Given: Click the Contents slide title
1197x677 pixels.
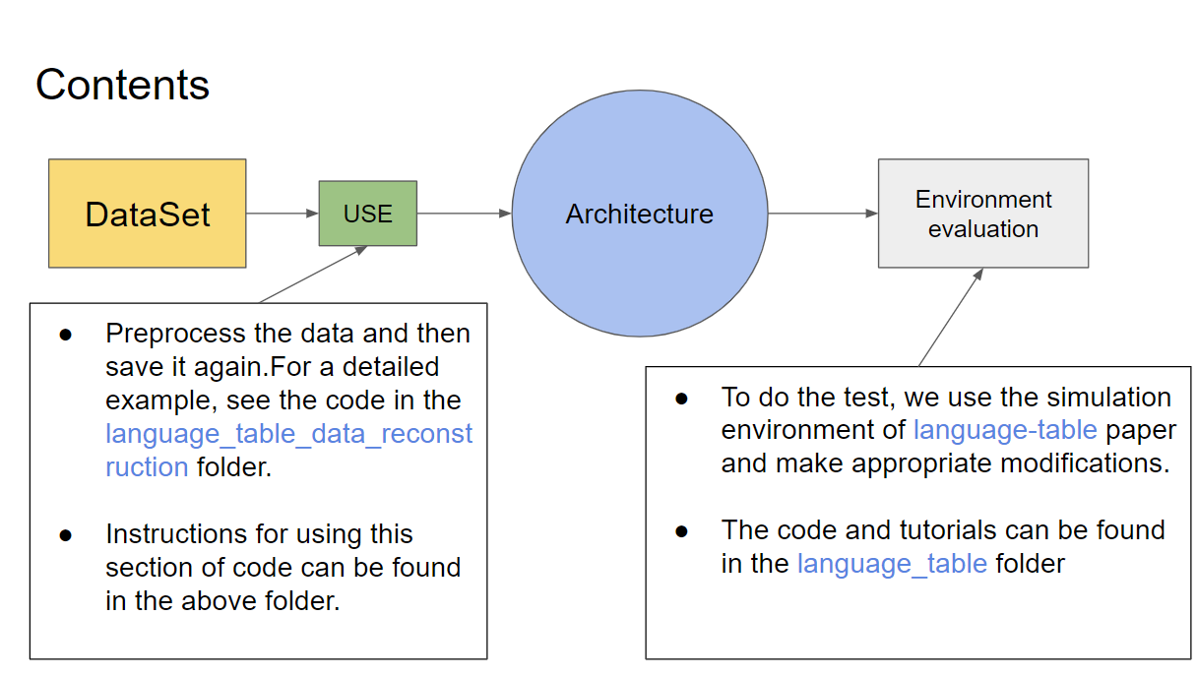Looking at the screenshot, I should (x=122, y=85).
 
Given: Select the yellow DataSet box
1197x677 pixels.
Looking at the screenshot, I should (x=148, y=214).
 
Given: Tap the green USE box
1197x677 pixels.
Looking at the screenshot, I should (x=367, y=214).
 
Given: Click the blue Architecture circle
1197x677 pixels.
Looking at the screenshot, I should (x=639, y=214).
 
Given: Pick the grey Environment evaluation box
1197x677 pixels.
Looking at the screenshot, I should (x=982, y=214).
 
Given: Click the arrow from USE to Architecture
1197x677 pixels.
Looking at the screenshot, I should (x=464, y=214).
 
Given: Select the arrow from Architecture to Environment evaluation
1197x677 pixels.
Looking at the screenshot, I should (x=823, y=214).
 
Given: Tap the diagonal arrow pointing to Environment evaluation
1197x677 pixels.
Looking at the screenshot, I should (x=951, y=317).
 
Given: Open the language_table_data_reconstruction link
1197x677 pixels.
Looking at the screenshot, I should (x=288, y=434).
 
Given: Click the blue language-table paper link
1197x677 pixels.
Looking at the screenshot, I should (x=1004, y=430).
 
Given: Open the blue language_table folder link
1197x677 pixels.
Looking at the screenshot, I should (x=892, y=564).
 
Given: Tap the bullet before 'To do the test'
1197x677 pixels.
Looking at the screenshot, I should (x=681, y=398).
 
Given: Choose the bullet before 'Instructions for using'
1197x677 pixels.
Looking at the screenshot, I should (x=66, y=535).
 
